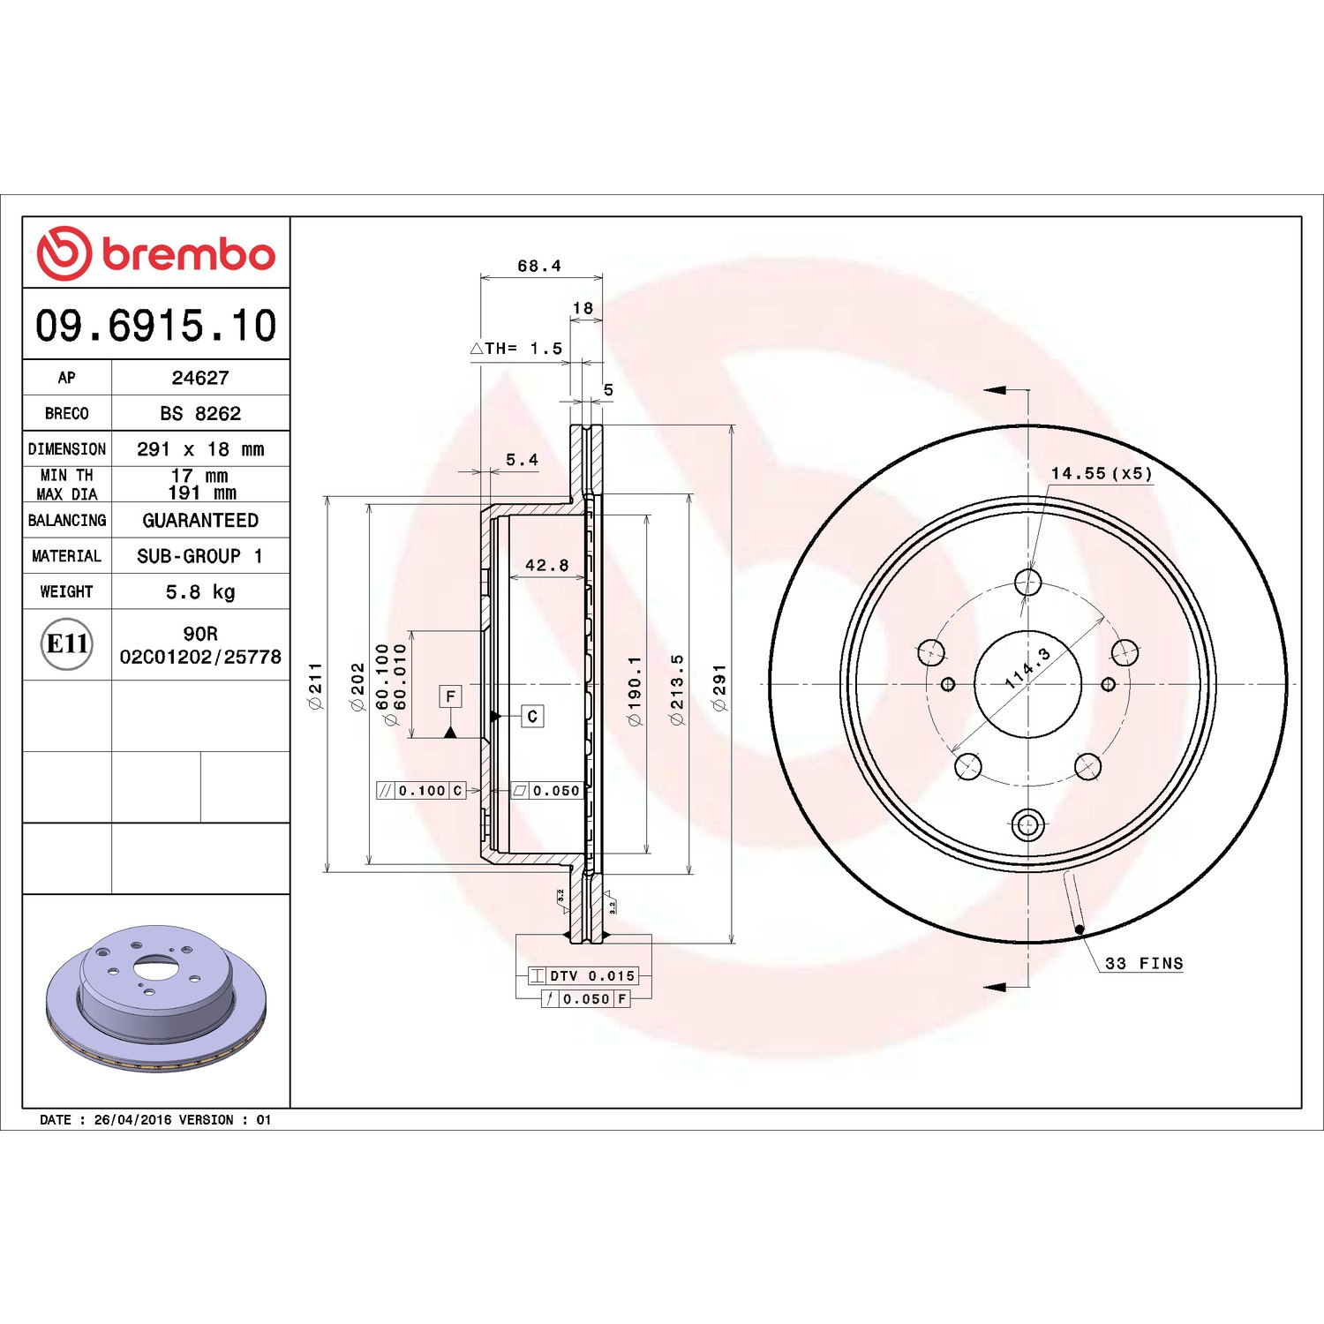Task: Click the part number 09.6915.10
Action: coord(155,325)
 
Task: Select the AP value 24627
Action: coord(200,378)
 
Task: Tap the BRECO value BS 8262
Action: coord(200,413)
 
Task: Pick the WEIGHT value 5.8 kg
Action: coord(200,591)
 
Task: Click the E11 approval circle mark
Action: coord(67,643)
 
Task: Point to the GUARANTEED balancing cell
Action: coord(200,520)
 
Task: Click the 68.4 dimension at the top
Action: coord(539,266)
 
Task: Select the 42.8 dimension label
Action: coord(547,565)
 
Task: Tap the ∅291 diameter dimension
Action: coord(719,688)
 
